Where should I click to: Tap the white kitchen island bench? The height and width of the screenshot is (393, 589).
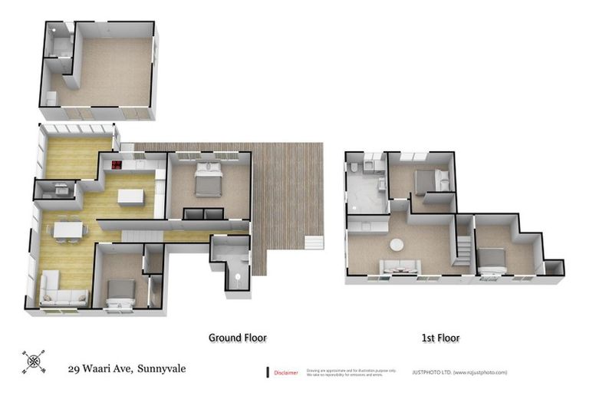[130, 197]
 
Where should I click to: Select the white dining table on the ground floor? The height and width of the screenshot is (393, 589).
[67, 228]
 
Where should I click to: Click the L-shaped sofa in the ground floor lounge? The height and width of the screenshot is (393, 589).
[61, 292]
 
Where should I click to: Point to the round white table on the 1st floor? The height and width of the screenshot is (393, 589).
[397, 245]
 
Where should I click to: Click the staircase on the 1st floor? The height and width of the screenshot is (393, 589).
[464, 248]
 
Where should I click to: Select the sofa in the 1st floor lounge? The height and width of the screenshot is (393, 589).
[400, 266]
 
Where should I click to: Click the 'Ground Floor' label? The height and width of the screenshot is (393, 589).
[238, 337]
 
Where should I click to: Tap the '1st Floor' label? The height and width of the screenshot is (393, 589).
[439, 337]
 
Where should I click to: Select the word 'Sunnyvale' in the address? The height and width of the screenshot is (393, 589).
[162, 368]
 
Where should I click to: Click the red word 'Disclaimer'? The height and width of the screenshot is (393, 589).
[287, 372]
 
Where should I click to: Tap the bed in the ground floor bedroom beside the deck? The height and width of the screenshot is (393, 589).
[208, 181]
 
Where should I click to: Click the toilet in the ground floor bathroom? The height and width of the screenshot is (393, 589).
[239, 277]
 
